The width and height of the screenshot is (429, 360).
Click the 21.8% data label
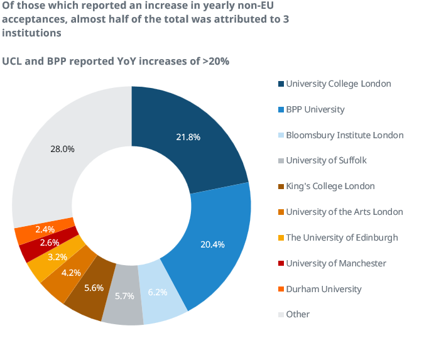pos(188,137)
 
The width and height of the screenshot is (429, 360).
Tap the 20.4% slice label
pos(212,244)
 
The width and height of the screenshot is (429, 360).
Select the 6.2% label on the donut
pos(158,292)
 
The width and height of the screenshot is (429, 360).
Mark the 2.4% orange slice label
pos(45,229)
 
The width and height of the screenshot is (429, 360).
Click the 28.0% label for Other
pos(62,149)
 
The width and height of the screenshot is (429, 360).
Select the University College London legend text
pos(339,84)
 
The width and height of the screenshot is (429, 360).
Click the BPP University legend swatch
pos(281,110)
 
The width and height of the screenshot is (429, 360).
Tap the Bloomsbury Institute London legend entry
pos(345,135)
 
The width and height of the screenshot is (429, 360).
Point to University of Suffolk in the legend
pos(326,160)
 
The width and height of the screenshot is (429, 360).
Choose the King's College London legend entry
pos(330,186)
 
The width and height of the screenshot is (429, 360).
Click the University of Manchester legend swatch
pos(281,264)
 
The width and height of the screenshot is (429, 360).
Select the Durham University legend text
pos(323,289)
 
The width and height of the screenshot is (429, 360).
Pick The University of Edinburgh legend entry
pos(342,237)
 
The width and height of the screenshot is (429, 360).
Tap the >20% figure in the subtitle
pos(215,62)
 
